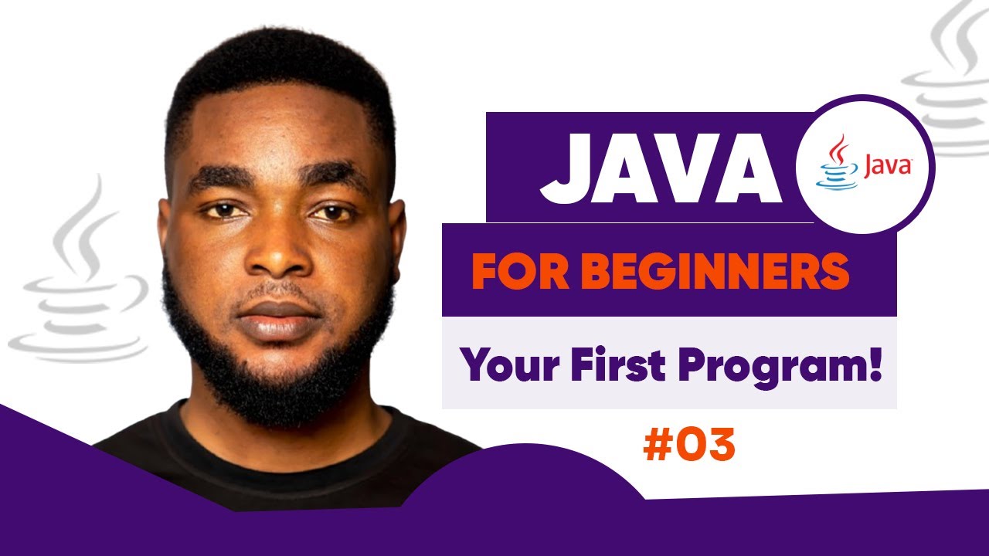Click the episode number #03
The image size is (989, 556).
pos(688,448)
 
